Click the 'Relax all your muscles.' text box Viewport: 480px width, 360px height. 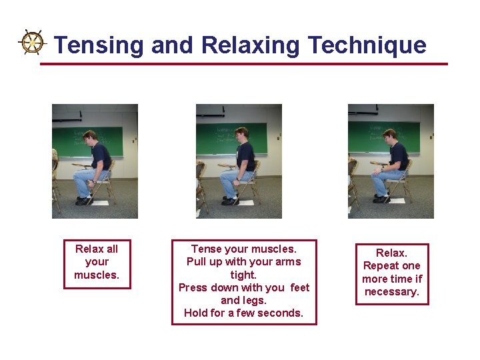(97, 262)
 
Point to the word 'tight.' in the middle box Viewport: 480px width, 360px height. (243, 275)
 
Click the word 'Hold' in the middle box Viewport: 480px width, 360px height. (196, 313)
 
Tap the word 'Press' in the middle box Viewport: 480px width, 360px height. (194, 287)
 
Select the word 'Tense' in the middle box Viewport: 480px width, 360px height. (206, 249)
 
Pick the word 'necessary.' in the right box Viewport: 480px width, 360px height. (391, 291)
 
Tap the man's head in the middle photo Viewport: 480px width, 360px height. (241, 133)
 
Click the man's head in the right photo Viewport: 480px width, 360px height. (391, 135)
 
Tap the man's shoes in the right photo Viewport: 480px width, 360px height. (381, 199)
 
